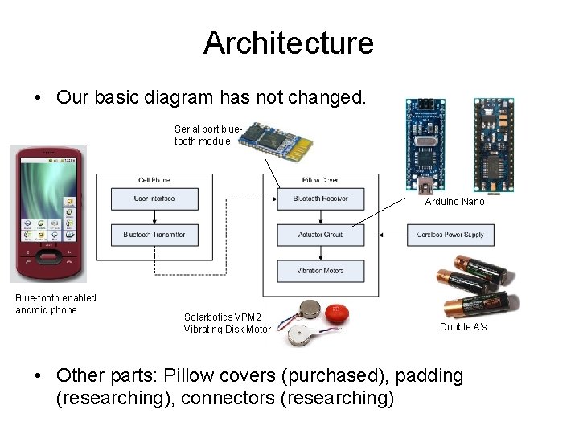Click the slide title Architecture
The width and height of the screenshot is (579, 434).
click(289, 43)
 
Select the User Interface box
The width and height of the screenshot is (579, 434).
click(154, 199)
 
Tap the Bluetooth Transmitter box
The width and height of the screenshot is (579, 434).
click(154, 235)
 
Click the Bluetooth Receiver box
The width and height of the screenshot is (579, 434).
click(320, 199)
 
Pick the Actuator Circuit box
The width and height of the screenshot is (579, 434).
click(320, 235)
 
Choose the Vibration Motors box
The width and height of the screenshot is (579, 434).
click(320, 271)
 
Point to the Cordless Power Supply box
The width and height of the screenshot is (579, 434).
click(450, 235)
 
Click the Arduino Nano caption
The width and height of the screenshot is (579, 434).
click(454, 202)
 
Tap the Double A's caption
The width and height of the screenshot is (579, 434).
click(463, 327)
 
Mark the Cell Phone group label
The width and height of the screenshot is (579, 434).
click(154, 180)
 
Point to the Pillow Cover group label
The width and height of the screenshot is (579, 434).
click(320, 180)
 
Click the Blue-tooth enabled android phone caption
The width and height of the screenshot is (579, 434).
click(55, 304)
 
